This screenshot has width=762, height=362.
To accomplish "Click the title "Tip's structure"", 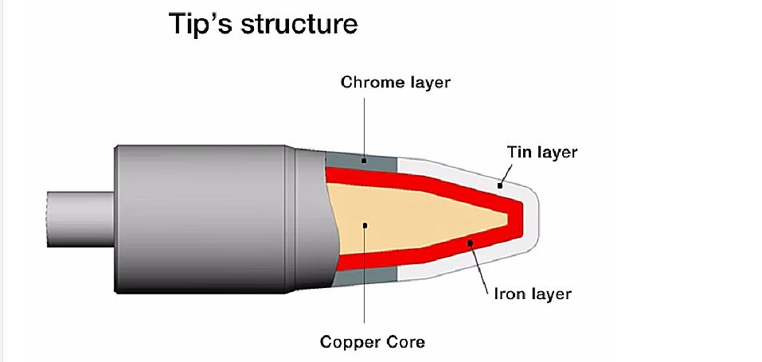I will (x=263, y=24).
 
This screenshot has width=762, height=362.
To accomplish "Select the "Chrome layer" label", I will (x=396, y=82).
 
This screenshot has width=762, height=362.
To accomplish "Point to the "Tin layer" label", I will (x=541, y=151).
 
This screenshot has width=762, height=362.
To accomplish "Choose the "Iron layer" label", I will (x=529, y=294).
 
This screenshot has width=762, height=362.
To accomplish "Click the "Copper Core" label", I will (x=373, y=342).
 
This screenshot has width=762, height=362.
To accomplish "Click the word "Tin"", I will (x=518, y=151).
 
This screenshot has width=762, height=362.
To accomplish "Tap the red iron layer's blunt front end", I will (x=518, y=212).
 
